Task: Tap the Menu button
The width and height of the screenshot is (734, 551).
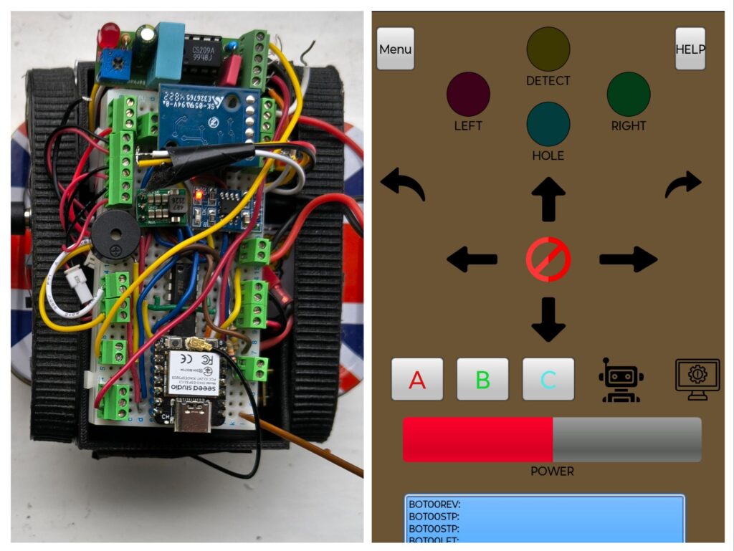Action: click(x=396, y=49)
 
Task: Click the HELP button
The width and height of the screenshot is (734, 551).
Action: click(x=690, y=49)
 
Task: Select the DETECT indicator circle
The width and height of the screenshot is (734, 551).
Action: click(x=548, y=49)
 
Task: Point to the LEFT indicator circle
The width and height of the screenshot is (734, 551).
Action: click(x=468, y=94)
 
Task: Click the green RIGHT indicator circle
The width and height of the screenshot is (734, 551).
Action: click(x=629, y=94)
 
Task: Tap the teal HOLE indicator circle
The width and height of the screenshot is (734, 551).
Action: click(x=548, y=124)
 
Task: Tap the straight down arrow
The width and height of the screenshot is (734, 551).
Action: click(x=548, y=319)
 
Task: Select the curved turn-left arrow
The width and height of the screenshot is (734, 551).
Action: click(x=403, y=184)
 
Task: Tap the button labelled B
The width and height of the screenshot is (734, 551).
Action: click(x=482, y=379)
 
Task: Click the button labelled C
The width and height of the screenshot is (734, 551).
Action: click(x=548, y=379)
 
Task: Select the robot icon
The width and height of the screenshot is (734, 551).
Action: click(x=621, y=379)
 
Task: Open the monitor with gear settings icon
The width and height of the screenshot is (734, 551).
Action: click(x=697, y=379)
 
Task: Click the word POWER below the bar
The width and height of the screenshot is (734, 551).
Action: click(x=552, y=471)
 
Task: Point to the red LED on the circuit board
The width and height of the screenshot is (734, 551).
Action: click(x=110, y=33)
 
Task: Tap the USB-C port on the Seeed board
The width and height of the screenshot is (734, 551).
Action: click(x=194, y=422)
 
